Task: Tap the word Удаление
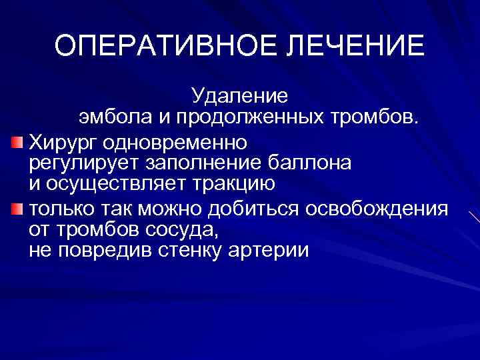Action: coord(239,97)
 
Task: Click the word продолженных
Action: coord(250,119)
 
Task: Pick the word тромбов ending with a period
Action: coord(379,119)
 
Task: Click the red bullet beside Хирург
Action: coord(17,142)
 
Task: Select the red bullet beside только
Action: coord(17,209)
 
